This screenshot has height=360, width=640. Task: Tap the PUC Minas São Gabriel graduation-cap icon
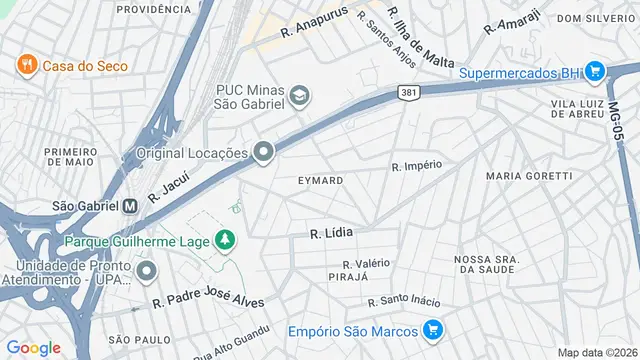299,95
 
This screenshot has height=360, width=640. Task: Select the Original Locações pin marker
264,152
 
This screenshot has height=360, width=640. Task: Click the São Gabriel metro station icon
129,206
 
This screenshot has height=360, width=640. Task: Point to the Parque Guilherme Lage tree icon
227,240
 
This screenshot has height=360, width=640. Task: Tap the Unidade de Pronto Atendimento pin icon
147,271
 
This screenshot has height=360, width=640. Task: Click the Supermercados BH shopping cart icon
595,71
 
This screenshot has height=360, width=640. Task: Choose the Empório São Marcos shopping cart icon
433,329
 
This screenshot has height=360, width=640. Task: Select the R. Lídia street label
332,233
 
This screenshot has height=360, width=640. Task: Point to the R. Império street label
416,165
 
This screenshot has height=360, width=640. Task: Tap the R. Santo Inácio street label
404,300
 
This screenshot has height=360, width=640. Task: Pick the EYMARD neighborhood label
321,180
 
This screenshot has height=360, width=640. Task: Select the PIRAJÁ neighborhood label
349,276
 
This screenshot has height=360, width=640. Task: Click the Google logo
33,347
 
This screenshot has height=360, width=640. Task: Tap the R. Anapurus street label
313,23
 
